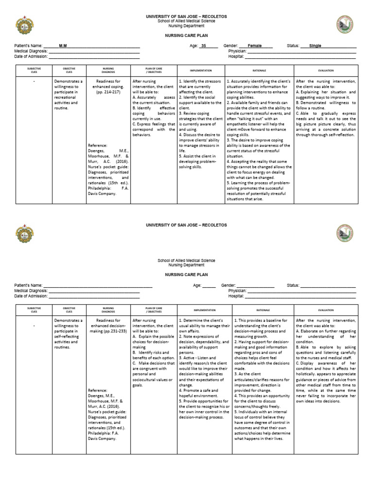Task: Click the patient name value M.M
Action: [63, 46]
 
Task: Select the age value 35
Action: [203, 46]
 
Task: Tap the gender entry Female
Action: [254, 46]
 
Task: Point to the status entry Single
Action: [315, 46]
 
